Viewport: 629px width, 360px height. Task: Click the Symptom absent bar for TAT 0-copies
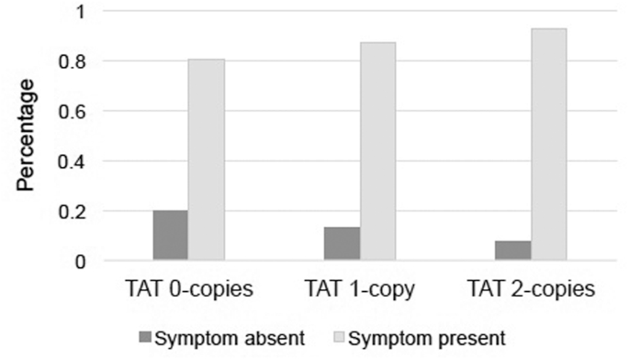[170, 236]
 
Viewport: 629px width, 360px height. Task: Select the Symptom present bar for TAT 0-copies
[207, 161]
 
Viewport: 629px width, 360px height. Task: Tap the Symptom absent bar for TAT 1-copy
[342, 244]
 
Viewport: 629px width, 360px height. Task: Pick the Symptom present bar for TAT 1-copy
[378, 152]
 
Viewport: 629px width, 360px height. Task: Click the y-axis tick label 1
[81, 12]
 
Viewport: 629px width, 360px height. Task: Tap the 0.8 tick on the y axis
[73, 62]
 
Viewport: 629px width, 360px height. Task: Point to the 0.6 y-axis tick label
[73, 112]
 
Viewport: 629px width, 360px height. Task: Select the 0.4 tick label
[73, 163]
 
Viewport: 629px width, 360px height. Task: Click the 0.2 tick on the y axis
[73, 212]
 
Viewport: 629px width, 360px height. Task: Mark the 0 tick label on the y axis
[81, 263]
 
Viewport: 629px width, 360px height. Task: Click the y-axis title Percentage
[26, 135]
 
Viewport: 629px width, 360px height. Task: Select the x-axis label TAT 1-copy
[360, 289]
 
